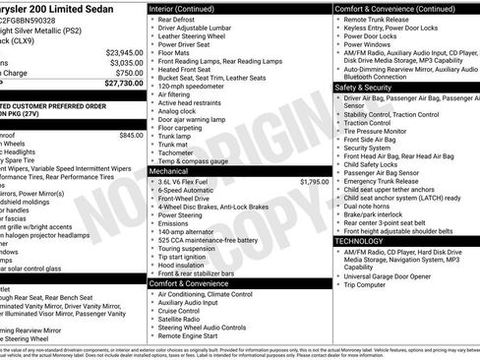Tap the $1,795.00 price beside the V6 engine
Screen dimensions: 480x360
tap(315, 181)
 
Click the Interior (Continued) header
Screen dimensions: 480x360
tap(190, 8)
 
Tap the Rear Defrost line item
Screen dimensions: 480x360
tap(177, 19)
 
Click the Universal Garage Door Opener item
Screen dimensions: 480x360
tap(393, 276)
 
